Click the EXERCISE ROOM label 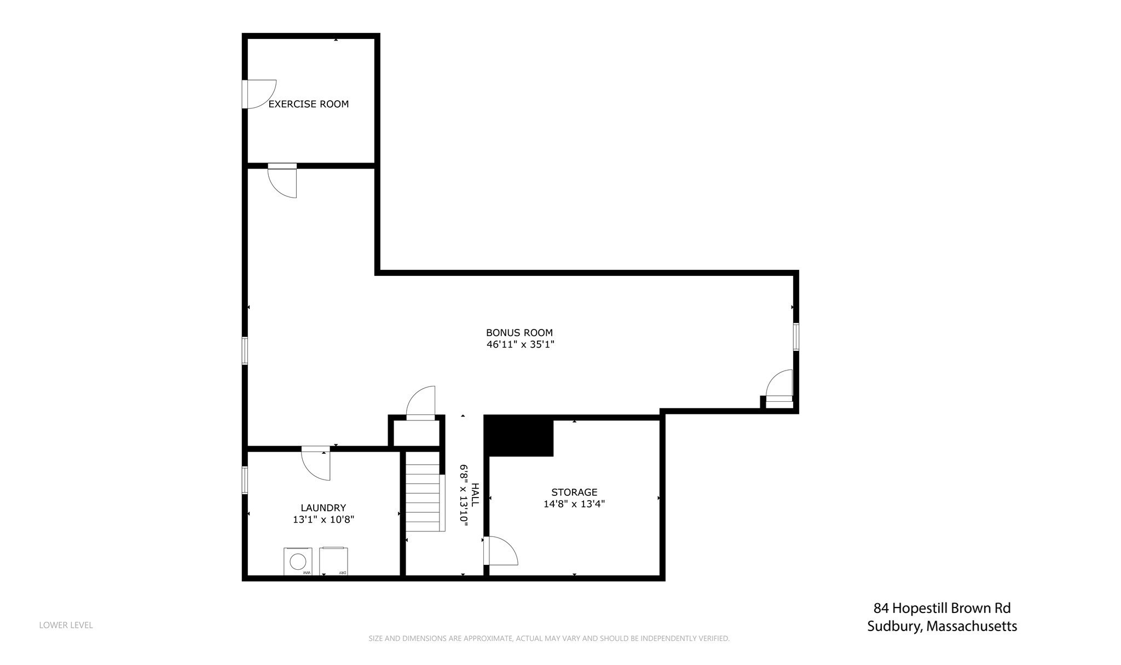pos(308,104)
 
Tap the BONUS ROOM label pos(519,332)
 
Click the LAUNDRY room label pos(323,508)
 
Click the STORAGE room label pos(574,492)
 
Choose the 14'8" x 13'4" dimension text pos(574,504)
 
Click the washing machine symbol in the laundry pos(298,562)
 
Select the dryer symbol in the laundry pos(334,562)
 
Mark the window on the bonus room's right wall pos(796,337)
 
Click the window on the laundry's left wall pos(245,480)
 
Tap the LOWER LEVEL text pos(66,625)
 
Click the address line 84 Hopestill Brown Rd pos(941,608)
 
